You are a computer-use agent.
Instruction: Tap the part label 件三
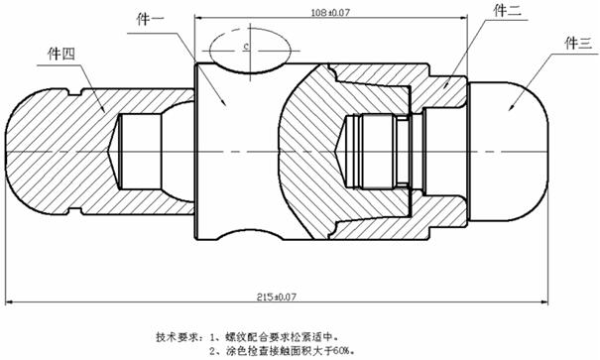[578, 43]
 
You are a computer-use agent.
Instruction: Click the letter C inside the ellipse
[247, 47]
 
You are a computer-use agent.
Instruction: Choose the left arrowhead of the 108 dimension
[199, 17]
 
